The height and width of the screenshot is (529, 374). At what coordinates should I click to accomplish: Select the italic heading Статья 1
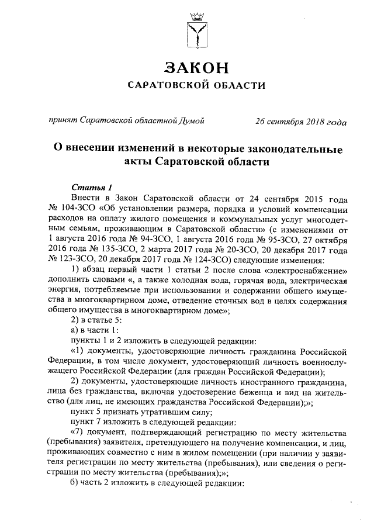[91, 187]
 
